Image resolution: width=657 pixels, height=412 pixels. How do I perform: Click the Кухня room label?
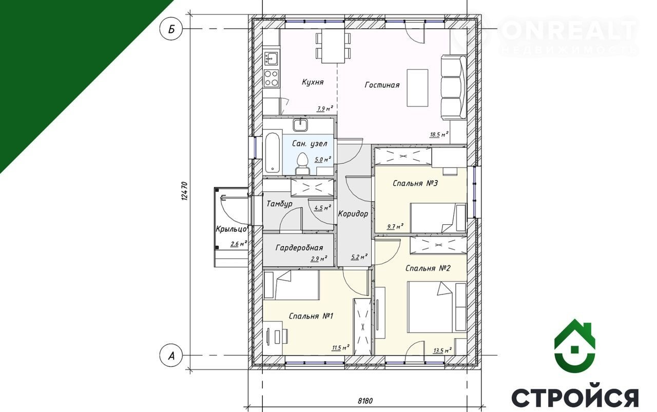point(313,82)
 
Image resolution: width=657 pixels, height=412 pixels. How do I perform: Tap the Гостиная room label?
point(382,85)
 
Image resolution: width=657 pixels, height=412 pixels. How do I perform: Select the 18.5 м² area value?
point(439,134)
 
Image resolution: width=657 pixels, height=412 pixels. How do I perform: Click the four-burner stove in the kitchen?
point(272,79)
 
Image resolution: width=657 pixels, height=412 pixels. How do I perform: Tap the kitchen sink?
point(272,58)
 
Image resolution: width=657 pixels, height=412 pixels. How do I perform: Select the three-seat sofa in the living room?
point(454,87)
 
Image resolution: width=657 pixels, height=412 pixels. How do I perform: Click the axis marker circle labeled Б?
point(171,29)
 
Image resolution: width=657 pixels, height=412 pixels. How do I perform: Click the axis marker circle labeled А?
point(171,356)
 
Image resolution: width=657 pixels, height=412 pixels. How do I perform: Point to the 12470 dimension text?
point(184,191)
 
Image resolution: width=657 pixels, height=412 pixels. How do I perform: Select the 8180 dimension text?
point(365,401)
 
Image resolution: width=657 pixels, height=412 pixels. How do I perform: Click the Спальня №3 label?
point(415,184)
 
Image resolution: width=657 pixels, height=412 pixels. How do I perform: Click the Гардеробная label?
point(299,248)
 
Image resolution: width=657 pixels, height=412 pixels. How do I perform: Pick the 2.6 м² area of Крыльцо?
point(239,244)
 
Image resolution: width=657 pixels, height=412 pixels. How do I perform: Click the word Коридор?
point(353,214)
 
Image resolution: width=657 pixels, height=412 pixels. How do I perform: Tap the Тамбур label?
point(279,204)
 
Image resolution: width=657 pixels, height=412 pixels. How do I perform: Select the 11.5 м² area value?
point(340,348)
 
